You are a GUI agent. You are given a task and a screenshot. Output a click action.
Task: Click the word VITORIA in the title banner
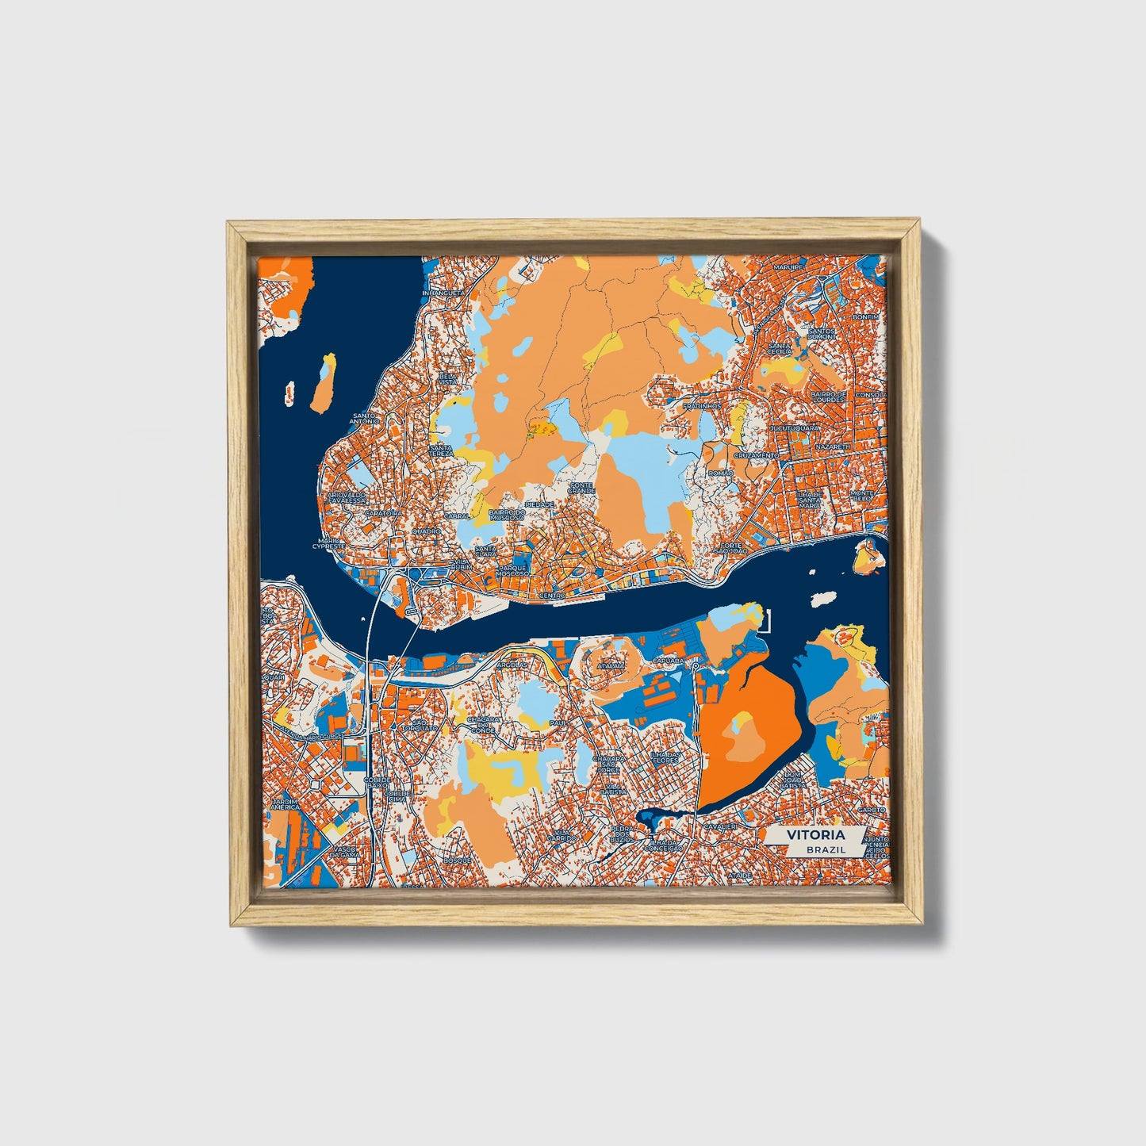point(815,835)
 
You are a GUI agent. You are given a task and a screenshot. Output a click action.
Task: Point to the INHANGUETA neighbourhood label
point(443,293)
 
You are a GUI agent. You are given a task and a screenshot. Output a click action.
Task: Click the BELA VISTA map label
point(448,378)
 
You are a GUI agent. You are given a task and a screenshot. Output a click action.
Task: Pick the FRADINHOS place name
point(703,405)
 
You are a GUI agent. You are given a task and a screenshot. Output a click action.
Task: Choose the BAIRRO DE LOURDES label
point(830,397)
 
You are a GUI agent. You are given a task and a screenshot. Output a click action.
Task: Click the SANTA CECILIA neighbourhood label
point(780,349)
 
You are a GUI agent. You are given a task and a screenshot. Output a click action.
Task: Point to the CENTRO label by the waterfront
point(551,595)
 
